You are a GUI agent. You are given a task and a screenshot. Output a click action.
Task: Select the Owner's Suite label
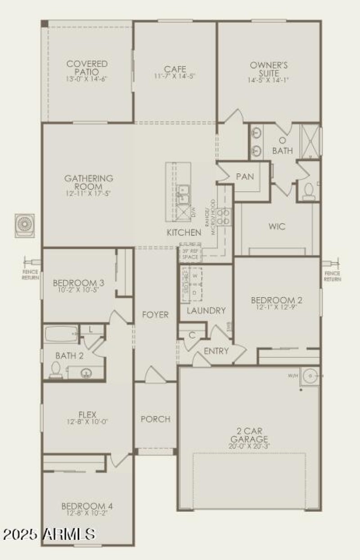(269, 69)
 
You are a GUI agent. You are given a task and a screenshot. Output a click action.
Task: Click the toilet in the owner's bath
(309, 192)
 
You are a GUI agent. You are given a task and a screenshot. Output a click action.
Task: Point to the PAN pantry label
(245, 176)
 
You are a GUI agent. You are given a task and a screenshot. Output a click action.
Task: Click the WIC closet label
(277, 226)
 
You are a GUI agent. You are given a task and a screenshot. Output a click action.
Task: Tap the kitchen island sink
(183, 194)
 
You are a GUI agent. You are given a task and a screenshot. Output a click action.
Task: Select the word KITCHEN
(184, 233)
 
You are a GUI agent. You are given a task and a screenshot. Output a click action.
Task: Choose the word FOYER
(155, 314)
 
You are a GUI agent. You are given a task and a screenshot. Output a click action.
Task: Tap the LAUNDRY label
(206, 311)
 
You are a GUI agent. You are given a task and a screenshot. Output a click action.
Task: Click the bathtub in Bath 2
(61, 334)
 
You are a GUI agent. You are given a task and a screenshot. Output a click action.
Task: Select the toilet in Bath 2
(56, 370)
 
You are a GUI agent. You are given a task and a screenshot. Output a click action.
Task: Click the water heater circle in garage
(310, 375)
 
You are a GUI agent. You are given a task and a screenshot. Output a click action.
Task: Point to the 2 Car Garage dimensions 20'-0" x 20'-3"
(249, 446)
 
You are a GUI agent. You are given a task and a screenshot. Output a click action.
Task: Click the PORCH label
(155, 419)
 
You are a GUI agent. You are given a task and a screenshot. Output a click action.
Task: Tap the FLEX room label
(87, 415)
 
